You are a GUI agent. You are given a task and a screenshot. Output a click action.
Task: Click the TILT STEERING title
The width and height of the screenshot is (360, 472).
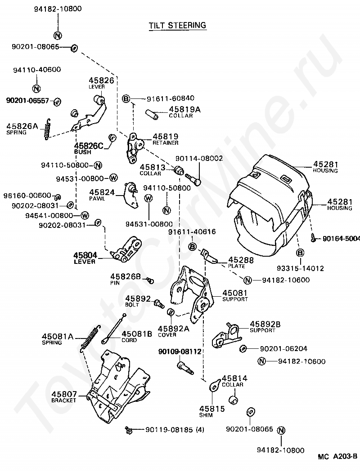click(x=177, y=26)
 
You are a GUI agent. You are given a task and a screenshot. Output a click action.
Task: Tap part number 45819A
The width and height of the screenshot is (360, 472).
click(x=184, y=109)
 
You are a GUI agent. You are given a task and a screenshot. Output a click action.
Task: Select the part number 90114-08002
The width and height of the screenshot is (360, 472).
click(x=199, y=158)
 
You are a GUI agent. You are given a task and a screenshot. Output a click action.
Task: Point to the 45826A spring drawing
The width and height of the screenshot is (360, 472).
click(x=47, y=129)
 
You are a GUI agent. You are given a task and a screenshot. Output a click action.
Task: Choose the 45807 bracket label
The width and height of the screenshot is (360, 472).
click(x=64, y=397)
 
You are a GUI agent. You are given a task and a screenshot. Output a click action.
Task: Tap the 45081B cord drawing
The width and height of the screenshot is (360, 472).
click(x=113, y=329)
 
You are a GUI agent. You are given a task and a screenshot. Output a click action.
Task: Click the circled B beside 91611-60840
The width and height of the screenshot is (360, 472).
click(x=126, y=99)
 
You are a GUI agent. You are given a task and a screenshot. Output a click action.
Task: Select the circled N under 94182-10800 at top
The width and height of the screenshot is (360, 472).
click(x=58, y=35)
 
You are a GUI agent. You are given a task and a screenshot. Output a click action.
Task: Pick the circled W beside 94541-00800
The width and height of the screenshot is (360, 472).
click(x=85, y=215)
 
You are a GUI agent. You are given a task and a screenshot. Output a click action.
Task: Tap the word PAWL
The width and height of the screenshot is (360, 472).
click(x=97, y=199)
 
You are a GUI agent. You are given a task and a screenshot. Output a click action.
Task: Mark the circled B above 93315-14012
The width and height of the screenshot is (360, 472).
click(x=300, y=253)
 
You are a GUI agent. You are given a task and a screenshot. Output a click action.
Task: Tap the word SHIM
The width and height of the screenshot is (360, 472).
click(x=206, y=415)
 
